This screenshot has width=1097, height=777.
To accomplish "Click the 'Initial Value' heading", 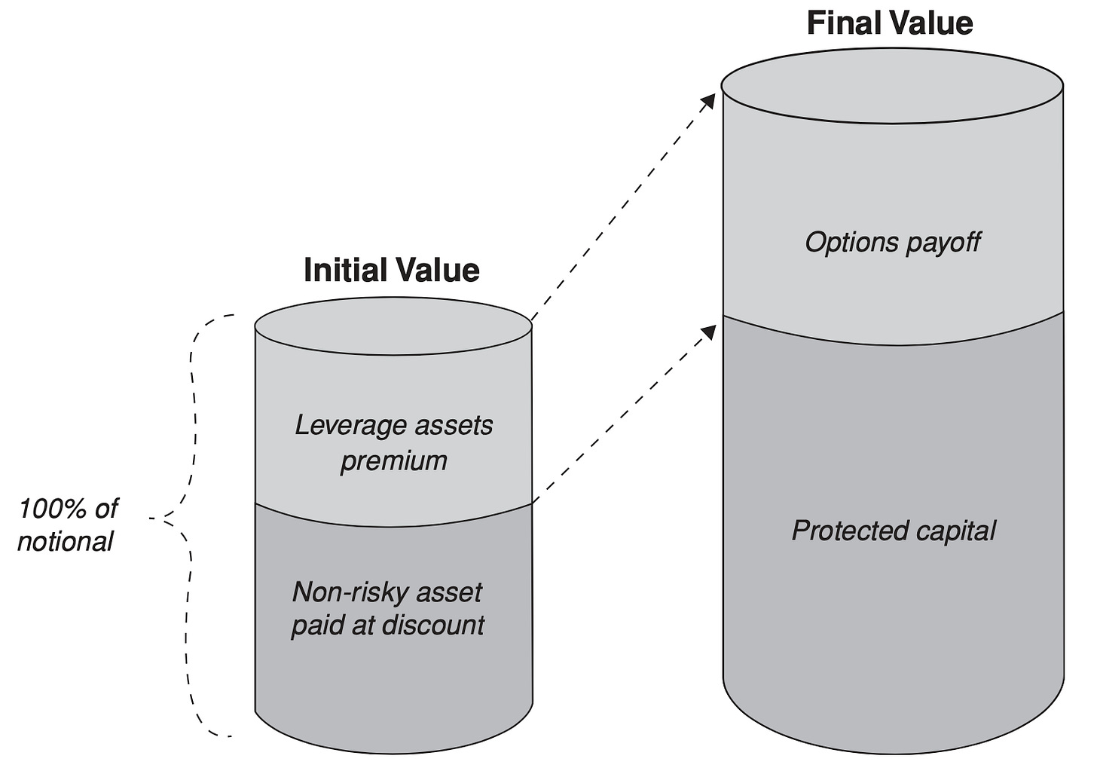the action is [x=391, y=270].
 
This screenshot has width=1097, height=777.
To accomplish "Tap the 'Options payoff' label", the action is [x=892, y=243].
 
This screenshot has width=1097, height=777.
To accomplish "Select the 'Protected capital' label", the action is [x=894, y=531].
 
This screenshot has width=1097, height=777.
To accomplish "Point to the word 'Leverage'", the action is [x=350, y=426].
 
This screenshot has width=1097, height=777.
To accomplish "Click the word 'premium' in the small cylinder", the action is [x=394, y=461].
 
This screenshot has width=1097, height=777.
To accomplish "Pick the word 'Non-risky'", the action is [x=349, y=592].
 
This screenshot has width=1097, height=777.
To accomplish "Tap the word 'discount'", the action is [x=433, y=625].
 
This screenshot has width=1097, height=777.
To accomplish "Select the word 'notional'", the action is [x=65, y=542].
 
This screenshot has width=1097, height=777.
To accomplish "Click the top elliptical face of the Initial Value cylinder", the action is [x=393, y=326].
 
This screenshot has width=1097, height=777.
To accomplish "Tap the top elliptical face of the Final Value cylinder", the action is [x=892, y=85].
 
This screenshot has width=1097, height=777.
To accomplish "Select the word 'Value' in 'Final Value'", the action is [x=931, y=23].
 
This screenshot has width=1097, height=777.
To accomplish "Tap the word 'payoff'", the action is [x=943, y=243].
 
